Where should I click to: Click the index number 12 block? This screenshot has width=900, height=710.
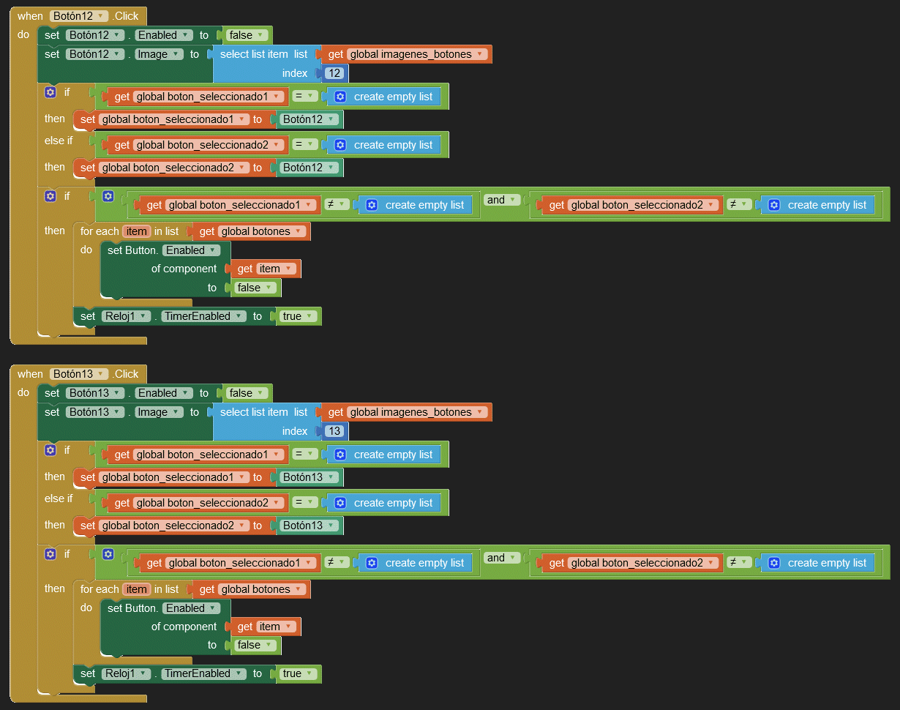pos(334,73)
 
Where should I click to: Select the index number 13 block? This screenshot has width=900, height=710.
pos(334,431)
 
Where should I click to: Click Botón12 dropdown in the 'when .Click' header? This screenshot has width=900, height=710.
pos(79,16)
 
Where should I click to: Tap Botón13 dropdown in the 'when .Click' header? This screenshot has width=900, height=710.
pos(79,374)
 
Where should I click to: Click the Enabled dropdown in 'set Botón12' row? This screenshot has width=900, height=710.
pos(165,35)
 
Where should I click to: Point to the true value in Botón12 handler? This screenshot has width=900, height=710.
pos(297,316)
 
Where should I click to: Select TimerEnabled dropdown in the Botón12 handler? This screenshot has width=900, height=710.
pos(202,316)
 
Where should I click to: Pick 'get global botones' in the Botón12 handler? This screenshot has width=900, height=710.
pos(251,231)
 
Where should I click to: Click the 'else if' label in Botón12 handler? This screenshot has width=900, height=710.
pos(59,141)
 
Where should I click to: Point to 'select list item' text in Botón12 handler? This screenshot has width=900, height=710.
pos(254,54)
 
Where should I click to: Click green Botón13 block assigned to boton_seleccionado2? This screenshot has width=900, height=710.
pos(308,526)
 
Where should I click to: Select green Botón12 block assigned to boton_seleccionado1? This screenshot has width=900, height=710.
pos(308,119)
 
